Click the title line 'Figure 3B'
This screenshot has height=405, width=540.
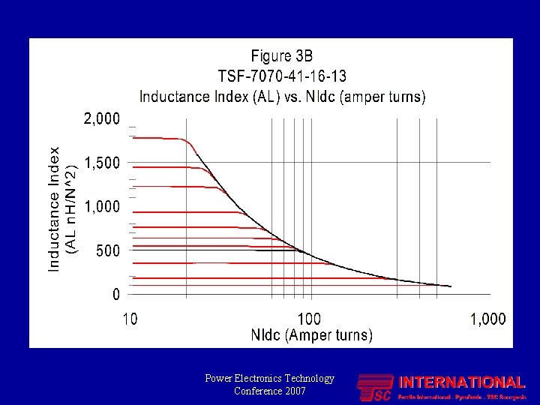coord(282,55)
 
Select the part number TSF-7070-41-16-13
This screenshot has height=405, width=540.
coord(282,76)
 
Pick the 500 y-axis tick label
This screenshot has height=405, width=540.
coord(108,250)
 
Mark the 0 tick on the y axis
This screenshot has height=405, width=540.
coord(115,295)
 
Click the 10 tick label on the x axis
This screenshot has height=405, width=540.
coord(130,319)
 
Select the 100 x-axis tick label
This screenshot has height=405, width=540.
coord(309,319)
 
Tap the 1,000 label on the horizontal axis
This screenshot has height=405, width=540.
coord(488,319)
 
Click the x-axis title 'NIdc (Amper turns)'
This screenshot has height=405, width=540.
coord(311,335)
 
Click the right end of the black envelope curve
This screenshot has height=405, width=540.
coord(450,286)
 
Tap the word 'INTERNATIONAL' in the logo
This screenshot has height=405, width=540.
coord(461,382)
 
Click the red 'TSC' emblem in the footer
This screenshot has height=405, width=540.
coord(375,388)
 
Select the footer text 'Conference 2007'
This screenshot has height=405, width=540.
coord(269,391)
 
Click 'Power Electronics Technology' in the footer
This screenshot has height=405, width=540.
coord(269,379)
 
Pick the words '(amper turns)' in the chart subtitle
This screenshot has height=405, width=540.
coord(383,96)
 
